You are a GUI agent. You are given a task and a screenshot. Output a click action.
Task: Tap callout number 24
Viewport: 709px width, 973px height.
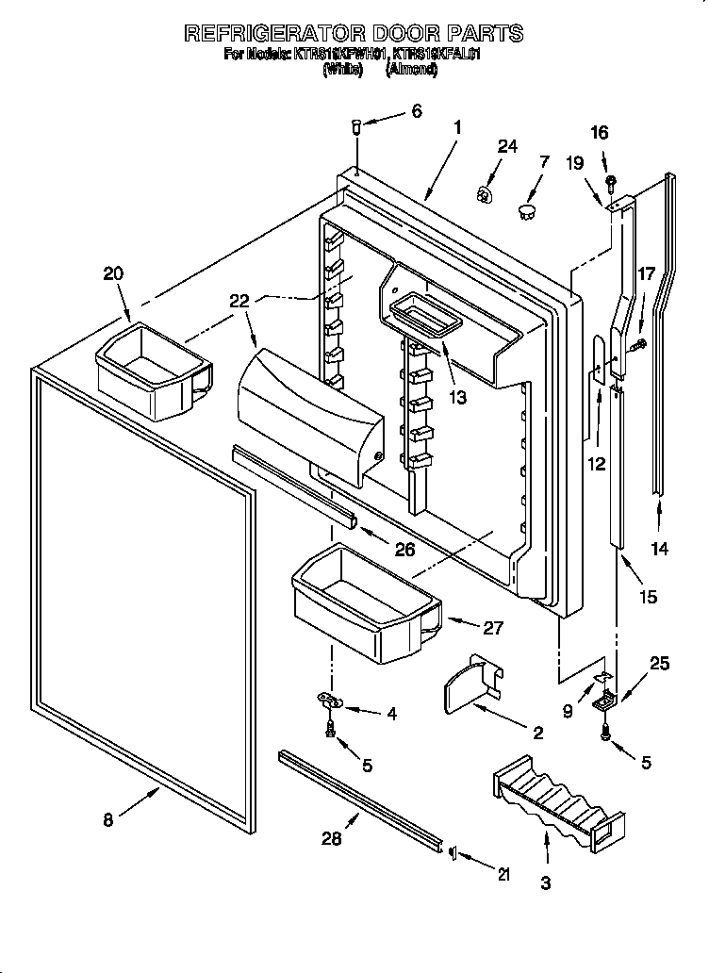(x=507, y=146)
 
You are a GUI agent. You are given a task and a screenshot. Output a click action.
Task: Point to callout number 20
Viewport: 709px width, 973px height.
(x=112, y=273)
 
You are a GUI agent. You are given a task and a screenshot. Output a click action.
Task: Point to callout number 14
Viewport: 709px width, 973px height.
(x=660, y=549)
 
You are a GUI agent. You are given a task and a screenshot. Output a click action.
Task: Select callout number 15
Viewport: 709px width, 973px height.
(x=648, y=596)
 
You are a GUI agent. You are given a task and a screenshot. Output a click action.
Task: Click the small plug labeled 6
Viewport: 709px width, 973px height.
(x=359, y=124)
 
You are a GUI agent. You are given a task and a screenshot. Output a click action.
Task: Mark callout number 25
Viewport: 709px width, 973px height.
(x=659, y=664)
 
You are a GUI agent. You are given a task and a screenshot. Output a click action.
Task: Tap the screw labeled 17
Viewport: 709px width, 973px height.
(x=640, y=344)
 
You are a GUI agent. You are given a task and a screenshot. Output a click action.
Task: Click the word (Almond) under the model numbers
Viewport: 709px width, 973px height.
(x=410, y=69)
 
